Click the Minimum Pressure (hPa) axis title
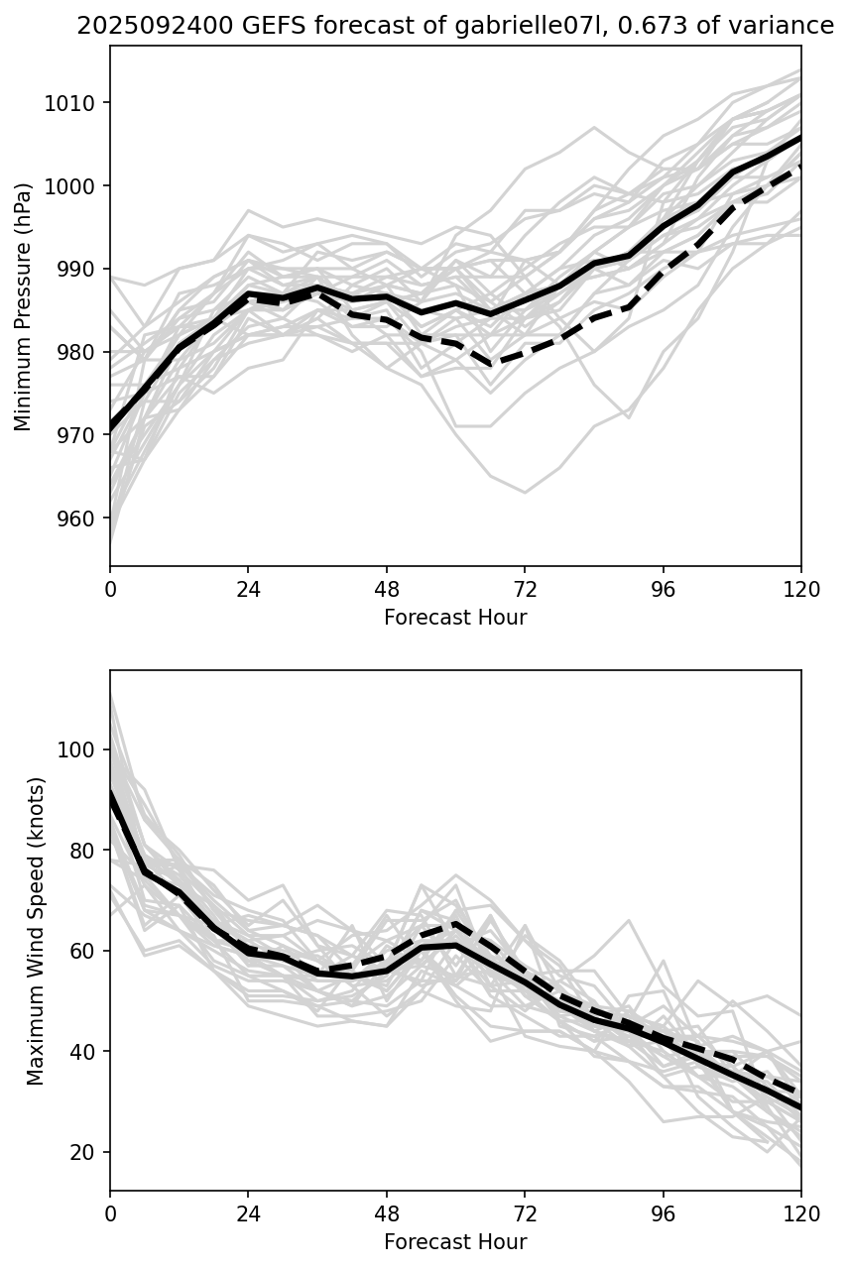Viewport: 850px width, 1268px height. (x=24, y=306)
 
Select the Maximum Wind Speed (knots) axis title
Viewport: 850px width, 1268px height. (x=36, y=931)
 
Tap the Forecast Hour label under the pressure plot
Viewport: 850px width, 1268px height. (x=455, y=618)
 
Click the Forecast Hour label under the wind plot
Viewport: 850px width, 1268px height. (x=455, y=1242)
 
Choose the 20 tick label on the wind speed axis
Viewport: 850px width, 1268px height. (x=84, y=1152)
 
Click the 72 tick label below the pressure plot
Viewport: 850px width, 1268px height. (x=525, y=590)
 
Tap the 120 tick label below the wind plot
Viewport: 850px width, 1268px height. (x=800, y=1214)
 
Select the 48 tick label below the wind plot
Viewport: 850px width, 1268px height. (x=387, y=1214)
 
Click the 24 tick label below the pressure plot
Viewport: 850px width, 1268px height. (x=248, y=590)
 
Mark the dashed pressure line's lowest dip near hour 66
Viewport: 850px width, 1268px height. (x=491, y=364)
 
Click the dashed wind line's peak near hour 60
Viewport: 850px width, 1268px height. (x=454, y=924)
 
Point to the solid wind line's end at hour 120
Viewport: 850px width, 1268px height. (x=799, y=1107)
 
